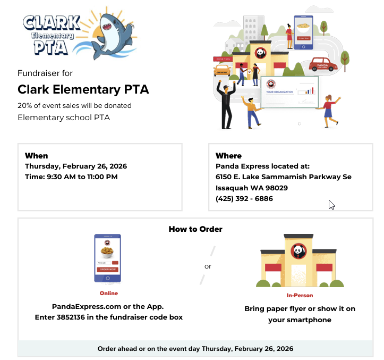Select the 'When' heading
pyautogui.click(x=36, y=156)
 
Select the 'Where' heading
pyautogui.click(x=228, y=156)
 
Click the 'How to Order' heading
pyautogui.click(x=195, y=229)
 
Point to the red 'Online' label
pyautogui.click(x=108, y=293)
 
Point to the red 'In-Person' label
pyautogui.click(x=300, y=295)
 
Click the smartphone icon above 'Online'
pyautogui.click(x=107, y=258)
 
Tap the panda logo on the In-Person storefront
pyautogui.click(x=298, y=250)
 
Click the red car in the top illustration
pyautogui.click(x=323, y=65)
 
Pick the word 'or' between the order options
pyautogui.click(x=208, y=266)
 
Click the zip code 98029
pyautogui.click(x=276, y=188)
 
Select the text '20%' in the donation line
pyautogui.click(x=24, y=105)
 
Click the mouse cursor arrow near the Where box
pyautogui.click(x=331, y=205)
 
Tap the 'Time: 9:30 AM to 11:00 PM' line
pyautogui.click(x=71, y=177)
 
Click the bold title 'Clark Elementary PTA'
pyautogui.click(x=83, y=89)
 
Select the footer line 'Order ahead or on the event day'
pyautogui.click(x=195, y=349)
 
